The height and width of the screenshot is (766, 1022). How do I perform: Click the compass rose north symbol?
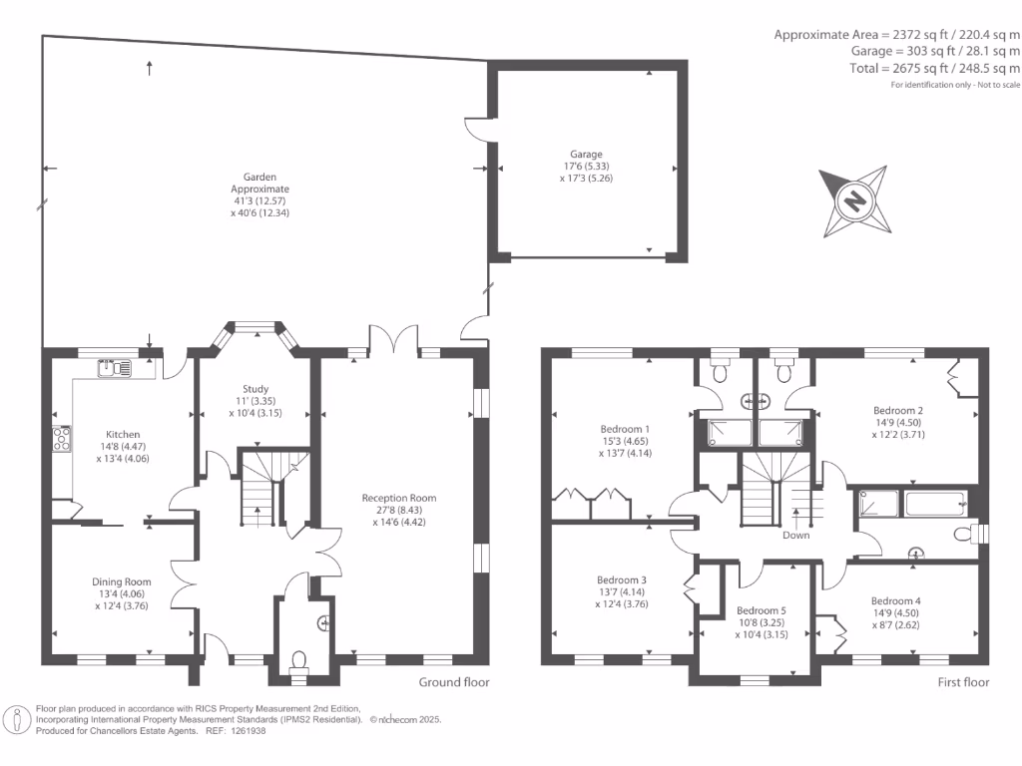(854, 201)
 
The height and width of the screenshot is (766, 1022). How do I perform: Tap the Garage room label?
(586, 155)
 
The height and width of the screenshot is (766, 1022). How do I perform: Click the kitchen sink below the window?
(116, 369)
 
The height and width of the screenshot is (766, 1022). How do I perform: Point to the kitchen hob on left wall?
(62, 439)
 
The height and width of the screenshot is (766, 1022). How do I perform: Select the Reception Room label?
(398, 498)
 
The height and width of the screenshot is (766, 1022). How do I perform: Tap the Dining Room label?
(122, 582)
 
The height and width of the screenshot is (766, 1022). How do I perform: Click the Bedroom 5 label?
(762, 610)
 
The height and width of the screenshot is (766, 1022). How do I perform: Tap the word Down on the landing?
(796, 536)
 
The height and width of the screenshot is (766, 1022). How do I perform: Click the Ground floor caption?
(453, 683)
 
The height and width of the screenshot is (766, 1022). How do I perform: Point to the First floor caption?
(963, 683)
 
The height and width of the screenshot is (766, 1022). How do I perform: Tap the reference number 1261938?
(247, 731)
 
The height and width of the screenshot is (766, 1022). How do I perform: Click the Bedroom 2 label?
(897, 410)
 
